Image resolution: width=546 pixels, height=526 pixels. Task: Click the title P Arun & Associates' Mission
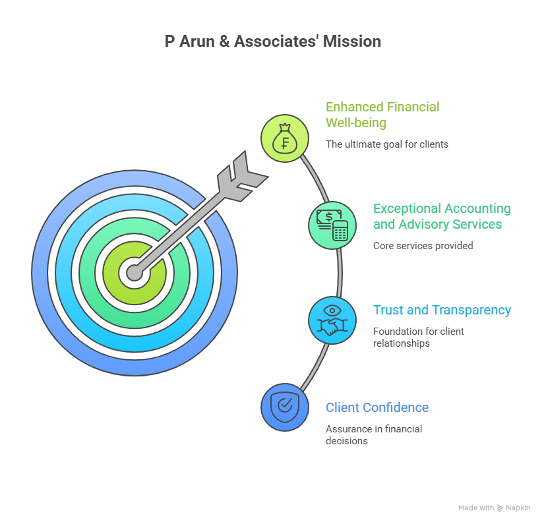[x=272, y=42]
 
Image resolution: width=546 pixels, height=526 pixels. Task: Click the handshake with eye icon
[x=332, y=320]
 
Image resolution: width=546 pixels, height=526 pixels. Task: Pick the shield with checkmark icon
[x=285, y=407]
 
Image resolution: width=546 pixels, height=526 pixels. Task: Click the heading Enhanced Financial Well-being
[x=382, y=115]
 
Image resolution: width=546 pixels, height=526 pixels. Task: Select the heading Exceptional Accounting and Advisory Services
[x=441, y=216]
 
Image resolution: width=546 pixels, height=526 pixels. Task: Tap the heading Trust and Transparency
[x=442, y=310]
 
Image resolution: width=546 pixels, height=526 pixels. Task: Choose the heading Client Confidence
[x=377, y=407]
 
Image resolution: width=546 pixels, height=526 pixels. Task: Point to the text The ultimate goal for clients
[x=386, y=144]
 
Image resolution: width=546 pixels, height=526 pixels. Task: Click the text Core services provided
[x=423, y=246]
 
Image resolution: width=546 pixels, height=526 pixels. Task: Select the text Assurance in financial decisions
[x=374, y=434]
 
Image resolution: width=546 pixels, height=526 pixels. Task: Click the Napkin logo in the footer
[x=513, y=508]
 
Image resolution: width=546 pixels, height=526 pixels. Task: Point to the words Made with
[x=476, y=508]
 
